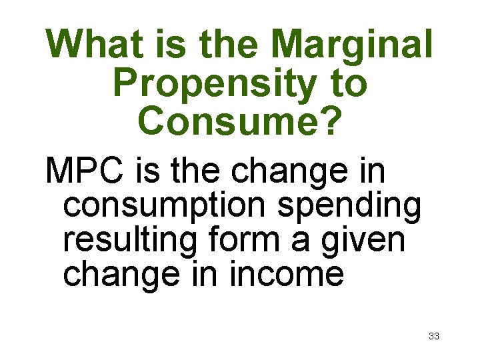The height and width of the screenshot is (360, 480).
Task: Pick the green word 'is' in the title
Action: (x=163, y=44)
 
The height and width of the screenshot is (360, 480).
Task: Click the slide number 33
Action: (x=433, y=336)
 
